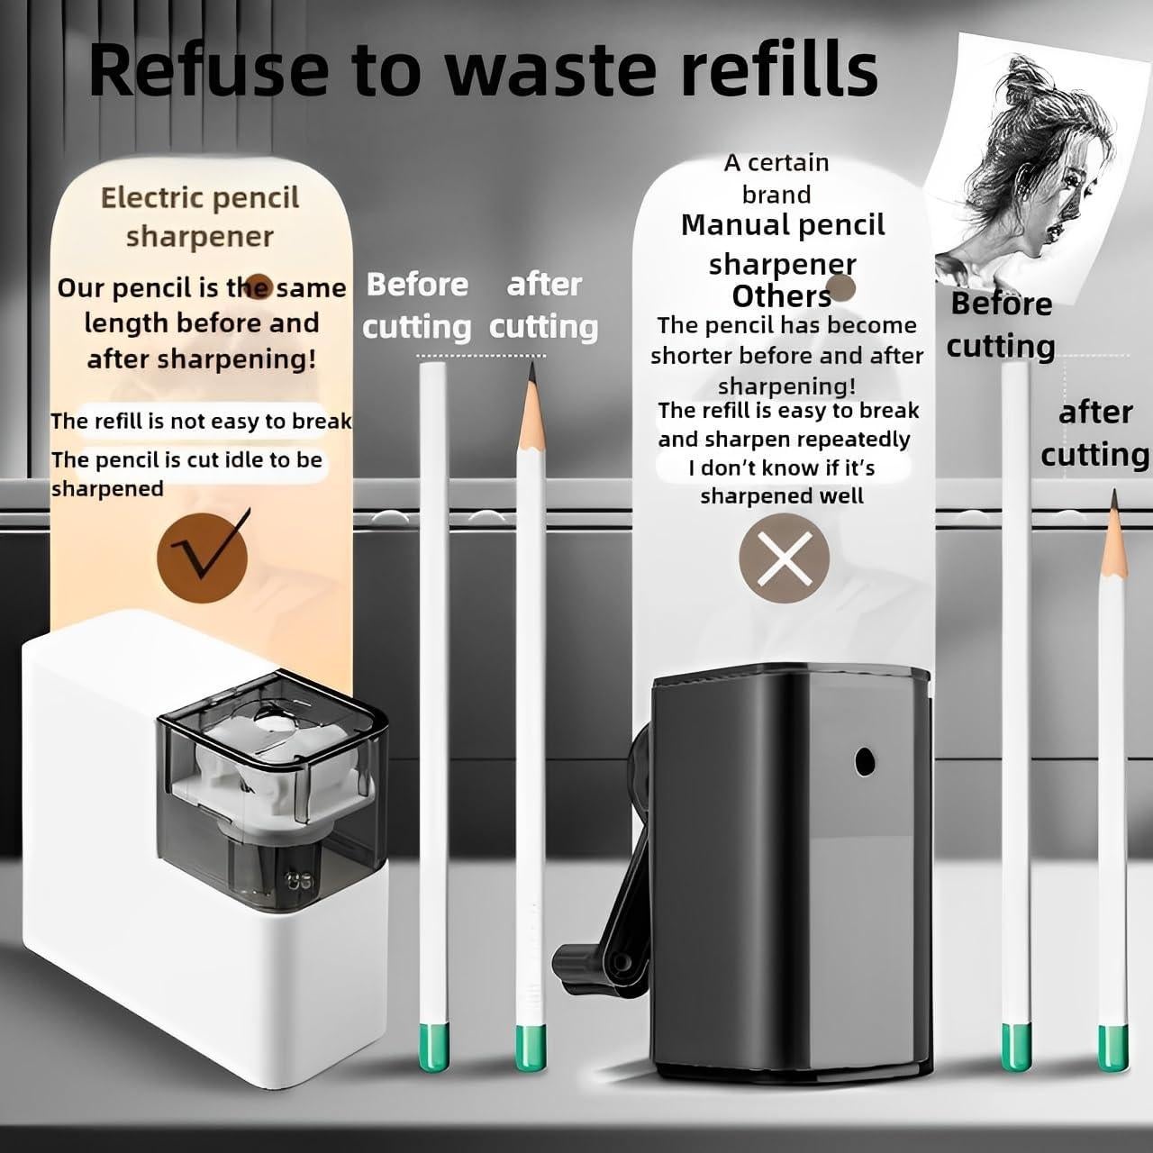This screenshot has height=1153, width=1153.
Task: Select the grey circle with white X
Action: pos(784,558)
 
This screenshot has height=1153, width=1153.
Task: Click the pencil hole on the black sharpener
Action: pos(865,761)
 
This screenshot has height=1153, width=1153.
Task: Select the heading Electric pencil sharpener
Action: pos(200,216)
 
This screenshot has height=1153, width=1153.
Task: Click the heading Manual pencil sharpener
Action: pos(783,244)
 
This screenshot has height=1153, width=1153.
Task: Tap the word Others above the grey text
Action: pos(781,296)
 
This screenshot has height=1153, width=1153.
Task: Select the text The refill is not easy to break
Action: pos(200,421)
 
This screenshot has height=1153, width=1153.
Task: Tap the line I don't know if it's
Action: pos(782,468)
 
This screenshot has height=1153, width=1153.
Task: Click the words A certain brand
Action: pos(776,178)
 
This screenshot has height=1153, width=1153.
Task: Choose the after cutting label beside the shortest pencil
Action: pos(1094,433)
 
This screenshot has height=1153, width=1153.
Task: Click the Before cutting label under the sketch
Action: pos(1001,324)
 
